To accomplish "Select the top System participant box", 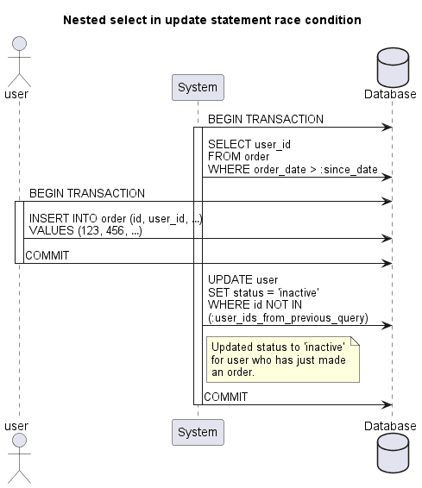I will tap(198, 87).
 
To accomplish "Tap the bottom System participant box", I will tap(198, 432).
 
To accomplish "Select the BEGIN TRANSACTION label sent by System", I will tap(265, 119).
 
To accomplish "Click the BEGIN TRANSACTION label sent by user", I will tap(86, 193).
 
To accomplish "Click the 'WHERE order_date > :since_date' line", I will tap(292, 169).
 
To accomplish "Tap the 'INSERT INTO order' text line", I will tap(115, 218).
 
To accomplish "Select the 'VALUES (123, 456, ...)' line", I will tap(85, 231).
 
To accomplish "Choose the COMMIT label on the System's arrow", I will tap(225, 397).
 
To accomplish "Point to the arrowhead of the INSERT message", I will tap(388, 239).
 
